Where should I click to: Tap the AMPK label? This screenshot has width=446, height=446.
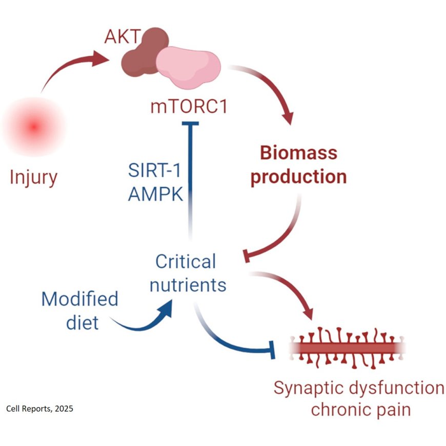coord(153,194)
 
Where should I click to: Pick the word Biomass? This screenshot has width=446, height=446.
coord(298,153)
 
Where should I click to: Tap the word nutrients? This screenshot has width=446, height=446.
coord(188,285)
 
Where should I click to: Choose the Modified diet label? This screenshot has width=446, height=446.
coord(79,311)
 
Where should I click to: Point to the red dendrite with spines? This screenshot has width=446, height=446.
coord(348,349)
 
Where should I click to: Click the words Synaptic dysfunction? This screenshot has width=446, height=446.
coord(359,388)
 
